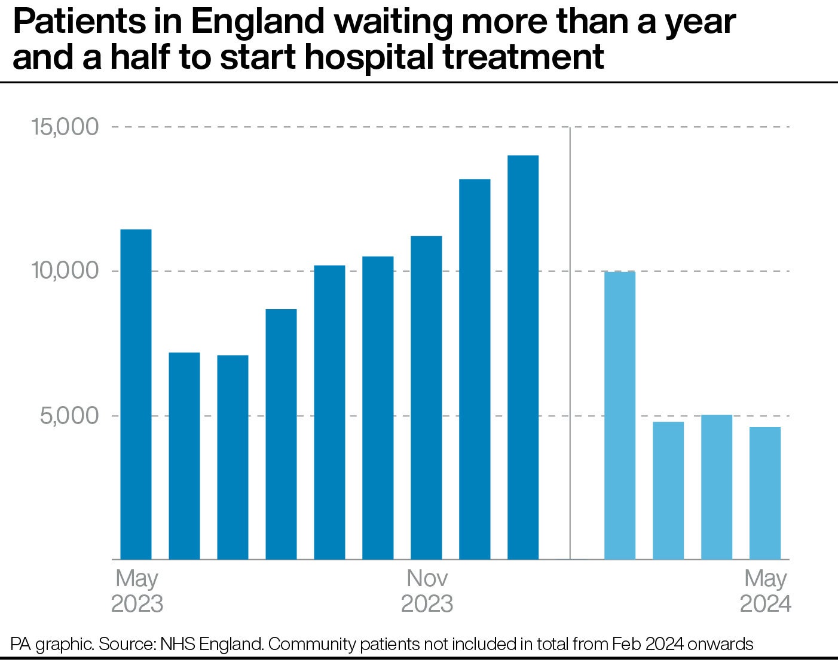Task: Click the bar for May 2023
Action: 136,394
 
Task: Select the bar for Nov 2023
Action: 426,398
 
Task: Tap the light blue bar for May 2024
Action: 764,493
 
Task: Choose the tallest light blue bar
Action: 619,416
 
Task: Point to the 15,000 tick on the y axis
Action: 65,127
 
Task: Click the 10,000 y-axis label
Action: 65,271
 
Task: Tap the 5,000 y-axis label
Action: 69,416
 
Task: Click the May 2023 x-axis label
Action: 137,591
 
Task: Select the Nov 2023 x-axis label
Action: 427,591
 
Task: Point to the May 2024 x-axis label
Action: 765,591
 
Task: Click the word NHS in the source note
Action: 179,644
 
